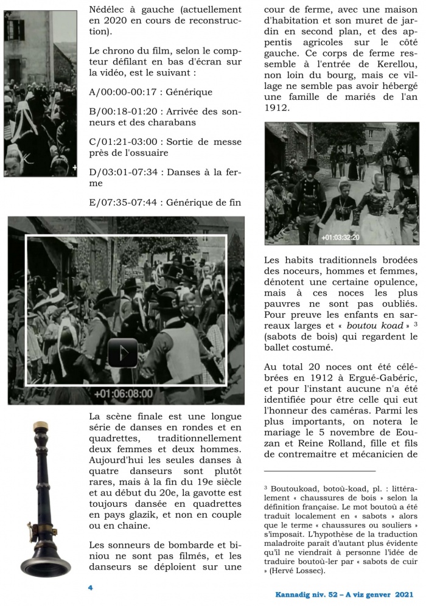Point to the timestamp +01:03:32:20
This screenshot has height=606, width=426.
[340, 237]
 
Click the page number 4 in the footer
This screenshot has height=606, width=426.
[90, 588]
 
